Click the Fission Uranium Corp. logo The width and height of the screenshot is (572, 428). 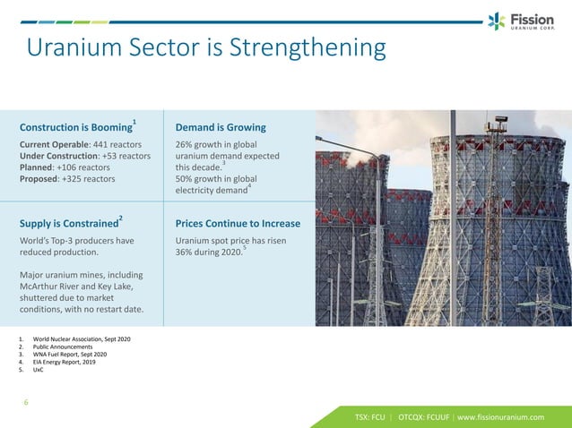(x=520, y=21)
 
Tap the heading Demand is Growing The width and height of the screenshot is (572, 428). (x=221, y=127)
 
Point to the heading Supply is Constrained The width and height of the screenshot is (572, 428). (x=68, y=223)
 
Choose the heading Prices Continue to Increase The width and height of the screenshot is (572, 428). (x=238, y=223)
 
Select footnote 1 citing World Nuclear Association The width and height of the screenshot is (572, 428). (x=82, y=340)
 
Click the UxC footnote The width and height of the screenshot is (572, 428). (x=38, y=369)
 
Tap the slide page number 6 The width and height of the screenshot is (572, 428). (x=26, y=402)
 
